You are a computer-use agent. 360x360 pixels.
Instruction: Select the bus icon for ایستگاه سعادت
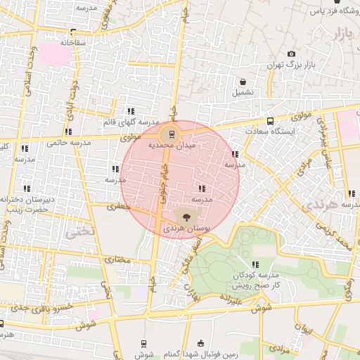(270, 120)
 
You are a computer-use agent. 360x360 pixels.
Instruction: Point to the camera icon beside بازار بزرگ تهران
(292, 54)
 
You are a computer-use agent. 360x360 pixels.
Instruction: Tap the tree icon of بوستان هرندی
(186, 217)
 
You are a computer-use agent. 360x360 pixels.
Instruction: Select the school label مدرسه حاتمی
(69, 143)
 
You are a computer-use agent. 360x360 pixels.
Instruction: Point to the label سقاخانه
(73, 42)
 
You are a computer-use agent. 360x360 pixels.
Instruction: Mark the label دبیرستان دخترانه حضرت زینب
(27, 204)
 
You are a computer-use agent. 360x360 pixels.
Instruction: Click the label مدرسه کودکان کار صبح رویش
(257, 278)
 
